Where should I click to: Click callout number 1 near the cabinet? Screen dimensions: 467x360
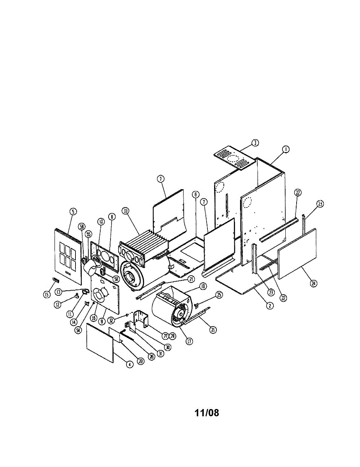[285, 149]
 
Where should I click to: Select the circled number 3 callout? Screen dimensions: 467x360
[255, 143]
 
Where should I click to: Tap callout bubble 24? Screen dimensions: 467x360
[313, 283]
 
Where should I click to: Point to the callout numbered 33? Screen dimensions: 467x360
[125, 211]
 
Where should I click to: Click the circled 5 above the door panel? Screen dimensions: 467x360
[73, 211]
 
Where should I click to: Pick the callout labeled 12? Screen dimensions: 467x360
[57, 305]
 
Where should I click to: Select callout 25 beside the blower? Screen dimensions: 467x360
[220, 295]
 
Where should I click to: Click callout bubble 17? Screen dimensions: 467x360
[190, 341]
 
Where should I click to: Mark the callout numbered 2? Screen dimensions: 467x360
[269, 305]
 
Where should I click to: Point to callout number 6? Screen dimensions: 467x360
[195, 194]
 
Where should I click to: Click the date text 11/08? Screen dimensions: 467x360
[207, 413]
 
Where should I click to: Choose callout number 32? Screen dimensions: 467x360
[112, 321]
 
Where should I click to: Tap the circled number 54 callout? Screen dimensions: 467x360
[79, 330]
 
